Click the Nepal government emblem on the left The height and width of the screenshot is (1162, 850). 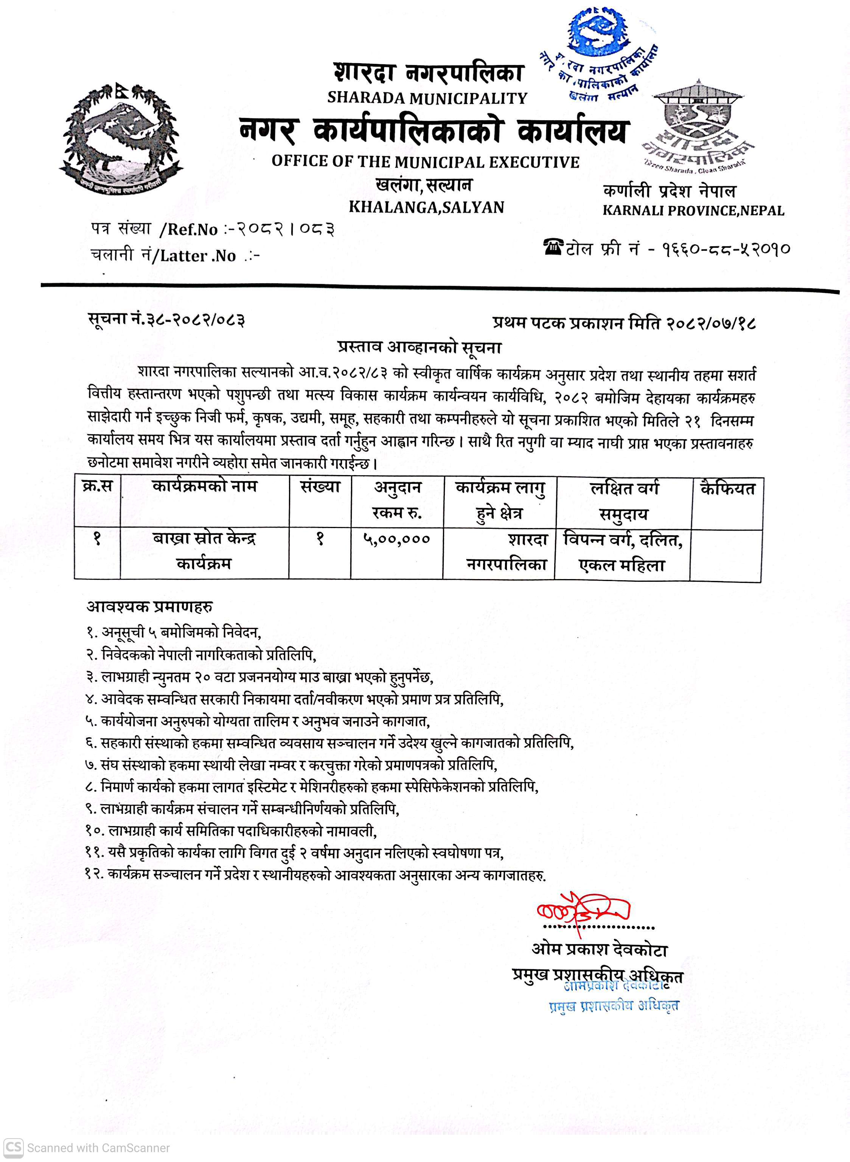point(121,138)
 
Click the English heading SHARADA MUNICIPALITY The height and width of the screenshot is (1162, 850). point(427,98)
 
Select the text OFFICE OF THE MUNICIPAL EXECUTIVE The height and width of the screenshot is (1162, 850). point(426,162)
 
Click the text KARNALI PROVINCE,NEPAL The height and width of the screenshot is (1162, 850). point(693,210)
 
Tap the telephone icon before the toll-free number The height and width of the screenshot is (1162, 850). point(554,247)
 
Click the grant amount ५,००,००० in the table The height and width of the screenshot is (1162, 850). point(396,539)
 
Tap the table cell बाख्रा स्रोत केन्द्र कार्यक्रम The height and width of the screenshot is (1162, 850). point(204,551)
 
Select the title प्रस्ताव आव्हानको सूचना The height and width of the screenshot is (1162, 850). point(420,347)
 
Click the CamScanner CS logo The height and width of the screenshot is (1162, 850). point(14,1147)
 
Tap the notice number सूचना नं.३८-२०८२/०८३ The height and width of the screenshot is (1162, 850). point(166,320)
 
